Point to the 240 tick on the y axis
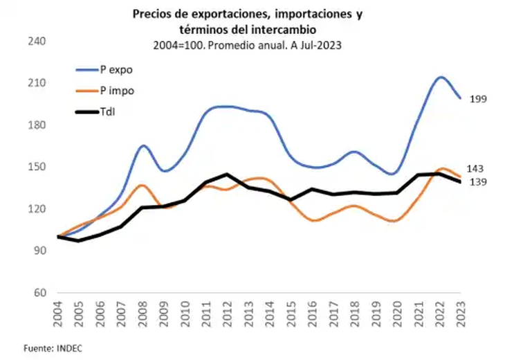[x=35, y=42]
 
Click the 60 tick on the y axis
[x=38, y=293]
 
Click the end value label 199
[x=478, y=99]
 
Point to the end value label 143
[x=475, y=168]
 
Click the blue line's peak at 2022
[x=439, y=77]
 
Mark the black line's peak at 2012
[x=226, y=174]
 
